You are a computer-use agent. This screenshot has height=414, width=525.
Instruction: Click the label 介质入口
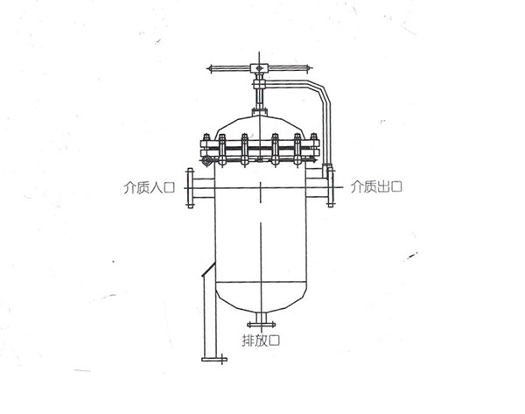pos(150,187)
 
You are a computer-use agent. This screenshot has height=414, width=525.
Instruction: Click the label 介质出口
pos(376,186)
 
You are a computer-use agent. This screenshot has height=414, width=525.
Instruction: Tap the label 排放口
pos(261,340)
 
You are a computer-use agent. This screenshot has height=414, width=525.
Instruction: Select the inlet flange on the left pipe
pos(190,188)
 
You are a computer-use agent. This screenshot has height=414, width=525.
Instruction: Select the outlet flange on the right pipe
pos(331,187)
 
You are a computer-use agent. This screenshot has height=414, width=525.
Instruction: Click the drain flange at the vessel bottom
pos(261,324)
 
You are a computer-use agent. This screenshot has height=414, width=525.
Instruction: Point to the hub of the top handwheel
pos(259,68)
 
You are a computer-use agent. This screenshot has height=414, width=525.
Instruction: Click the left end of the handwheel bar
pos(208,69)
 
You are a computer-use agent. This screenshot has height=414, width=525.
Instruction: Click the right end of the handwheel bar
pos(311,68)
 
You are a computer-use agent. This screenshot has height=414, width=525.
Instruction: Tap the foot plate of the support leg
pos(214,360)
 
